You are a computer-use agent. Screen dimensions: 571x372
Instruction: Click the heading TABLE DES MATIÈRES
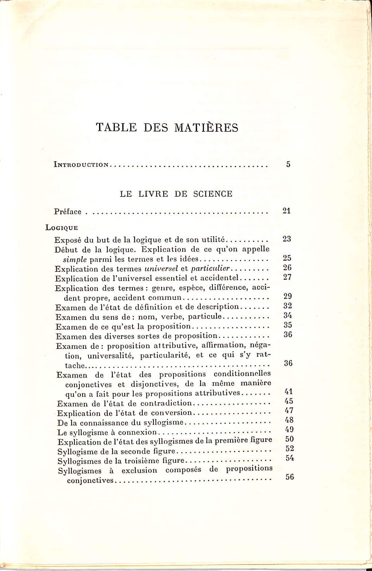[x=167, y=127]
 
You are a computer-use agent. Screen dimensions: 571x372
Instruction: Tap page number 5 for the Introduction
[x=288, y=164]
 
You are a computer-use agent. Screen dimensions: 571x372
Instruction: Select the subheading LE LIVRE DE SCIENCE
[x=176, y=194]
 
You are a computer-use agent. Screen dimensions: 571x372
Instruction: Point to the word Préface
[x=68, y=212]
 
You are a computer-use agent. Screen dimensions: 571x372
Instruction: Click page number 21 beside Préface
[x=286, y=211]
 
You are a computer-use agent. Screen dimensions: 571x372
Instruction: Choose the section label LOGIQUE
[x=61, y=227]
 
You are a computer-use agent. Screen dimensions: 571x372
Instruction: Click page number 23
[x=287, y=239]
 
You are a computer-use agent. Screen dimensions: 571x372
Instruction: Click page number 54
[x=289, y=458]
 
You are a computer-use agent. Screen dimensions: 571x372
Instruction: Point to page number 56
[x=290, y=477]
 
